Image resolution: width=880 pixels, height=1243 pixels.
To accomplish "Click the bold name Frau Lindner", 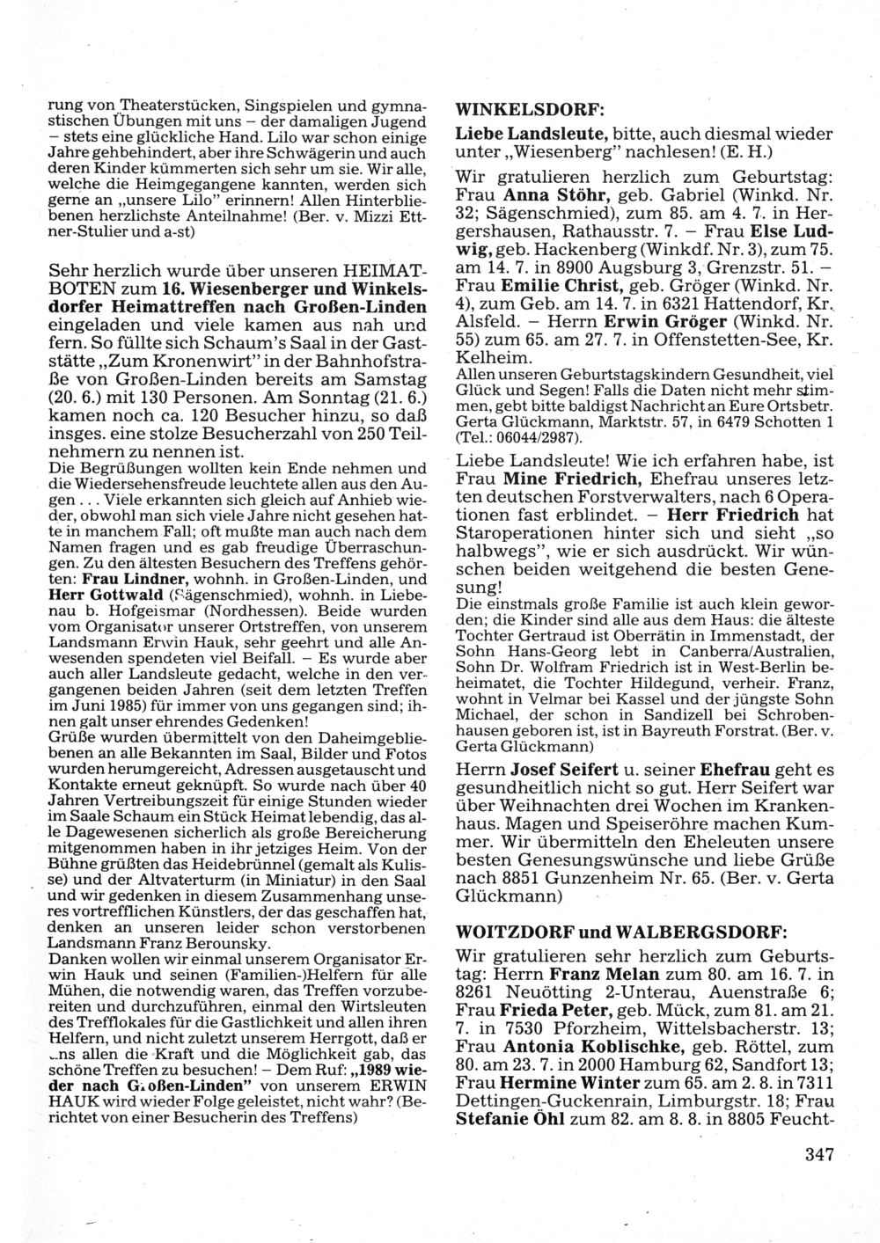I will click(134, 580).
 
